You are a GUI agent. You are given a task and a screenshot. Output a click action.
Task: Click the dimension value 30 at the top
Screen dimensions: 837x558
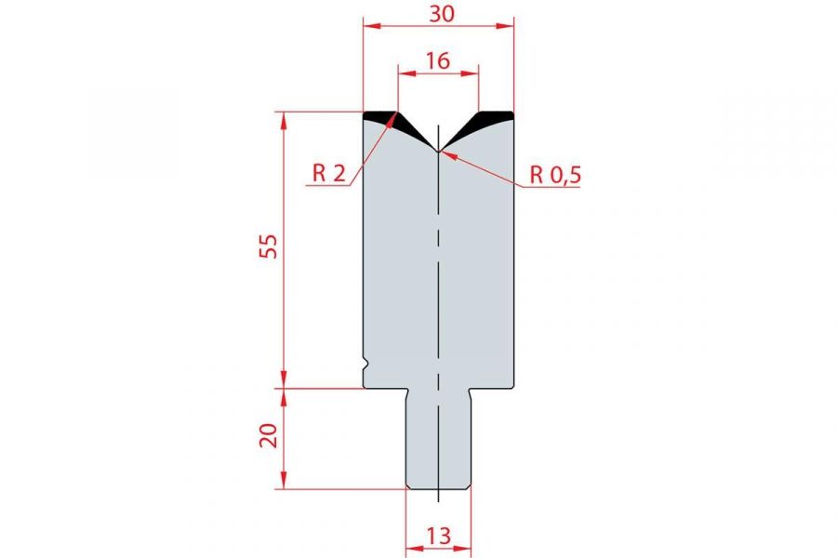pyautogui.click(x=442, y=14)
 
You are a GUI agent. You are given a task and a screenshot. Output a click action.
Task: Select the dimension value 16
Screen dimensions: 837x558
pyautogui.click(x=438, y=60)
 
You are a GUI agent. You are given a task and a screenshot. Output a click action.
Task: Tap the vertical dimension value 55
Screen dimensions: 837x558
pyautogui.click(x=269, y=246)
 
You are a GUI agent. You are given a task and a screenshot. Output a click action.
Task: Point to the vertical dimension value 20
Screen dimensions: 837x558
pyautogui.click(x=269, y=435)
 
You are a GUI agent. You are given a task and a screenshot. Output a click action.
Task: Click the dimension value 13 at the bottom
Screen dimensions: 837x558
pyautogui.click(x=439, y=536)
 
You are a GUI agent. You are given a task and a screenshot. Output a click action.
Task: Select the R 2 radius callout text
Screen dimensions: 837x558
pyautogui.click(x=329, y=173)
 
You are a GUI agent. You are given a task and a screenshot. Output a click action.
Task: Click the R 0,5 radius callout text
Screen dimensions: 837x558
pyautogui.click(x=555, y=175)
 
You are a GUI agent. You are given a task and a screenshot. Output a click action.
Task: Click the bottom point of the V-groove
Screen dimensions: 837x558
pyautogui.click(x=438, y=152)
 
